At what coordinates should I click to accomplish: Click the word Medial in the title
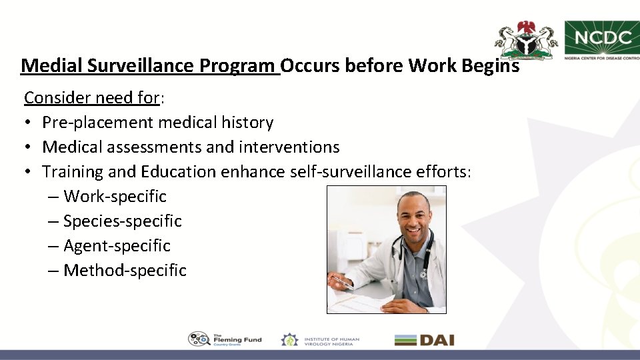point(47,66)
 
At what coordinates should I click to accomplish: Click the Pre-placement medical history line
point(157,123)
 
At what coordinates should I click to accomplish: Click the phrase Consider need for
point(91,98)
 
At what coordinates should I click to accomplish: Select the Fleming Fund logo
point(225,339)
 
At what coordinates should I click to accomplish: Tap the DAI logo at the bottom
point(424,340)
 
